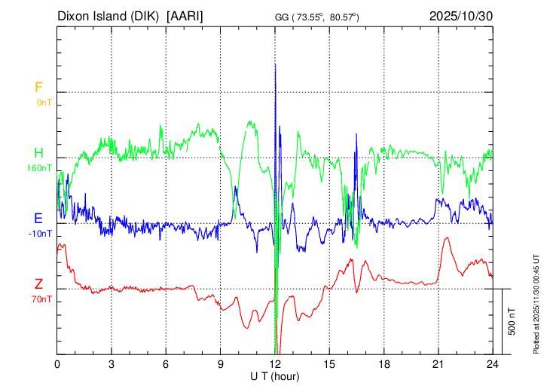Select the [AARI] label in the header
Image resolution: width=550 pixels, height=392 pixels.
(185, 16)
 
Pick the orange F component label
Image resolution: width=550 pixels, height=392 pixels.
(38, 87)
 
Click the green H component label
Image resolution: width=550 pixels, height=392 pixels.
(38, 153)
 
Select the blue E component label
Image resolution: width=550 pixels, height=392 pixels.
(38, 219)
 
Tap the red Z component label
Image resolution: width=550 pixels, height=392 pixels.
(38, 284)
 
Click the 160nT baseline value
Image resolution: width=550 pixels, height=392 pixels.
(40, 168)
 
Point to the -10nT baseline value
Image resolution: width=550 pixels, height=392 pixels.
(40, 234)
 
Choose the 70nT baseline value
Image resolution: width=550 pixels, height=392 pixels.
(41, 299)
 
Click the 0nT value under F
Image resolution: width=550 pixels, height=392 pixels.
(43, 103)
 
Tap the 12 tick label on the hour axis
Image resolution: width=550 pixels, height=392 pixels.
(275, 363)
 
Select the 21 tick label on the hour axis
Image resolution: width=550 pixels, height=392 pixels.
(438, 363)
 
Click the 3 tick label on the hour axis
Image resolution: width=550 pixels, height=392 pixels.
(112, 363)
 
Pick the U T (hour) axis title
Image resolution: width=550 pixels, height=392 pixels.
(275, 375)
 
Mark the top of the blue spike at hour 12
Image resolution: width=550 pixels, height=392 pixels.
(276, 65)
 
